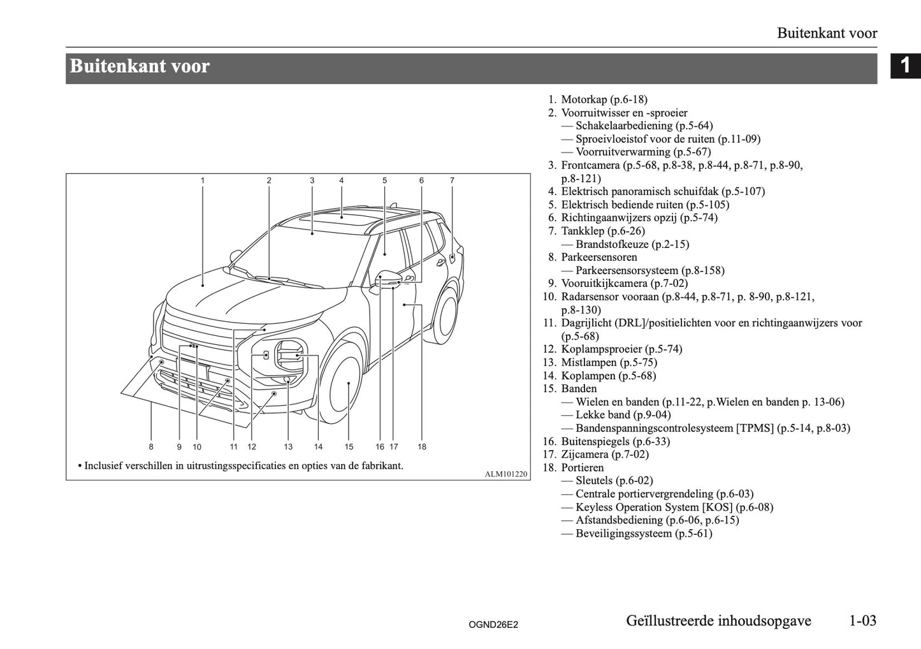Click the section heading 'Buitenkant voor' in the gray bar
[140, 67]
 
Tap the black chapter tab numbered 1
[905, 66]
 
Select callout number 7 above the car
[452, 180]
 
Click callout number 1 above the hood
[203, 180]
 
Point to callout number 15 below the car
[349, 447]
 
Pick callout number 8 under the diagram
[151, 447]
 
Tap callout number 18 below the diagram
[422, 447]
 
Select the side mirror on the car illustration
[390, 280]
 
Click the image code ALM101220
[506, 474]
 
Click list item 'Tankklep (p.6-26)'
[602, 231]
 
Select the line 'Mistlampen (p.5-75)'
[608, 362]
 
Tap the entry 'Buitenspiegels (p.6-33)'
[614, 441]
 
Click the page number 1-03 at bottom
[862, 620]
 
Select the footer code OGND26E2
[493, 625]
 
